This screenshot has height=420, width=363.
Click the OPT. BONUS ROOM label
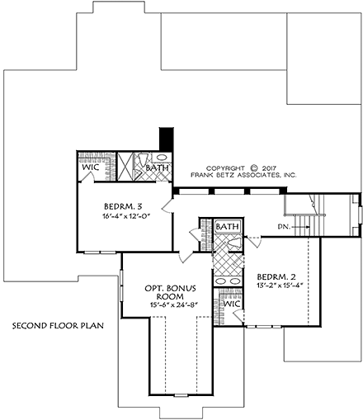click(170, 291)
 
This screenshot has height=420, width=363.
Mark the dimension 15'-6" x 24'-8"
click(170, 304)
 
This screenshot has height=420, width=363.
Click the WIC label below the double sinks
click(232, 304)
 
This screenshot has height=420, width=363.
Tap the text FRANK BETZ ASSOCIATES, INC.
click(243, 174)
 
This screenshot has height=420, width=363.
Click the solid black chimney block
click(166, 139)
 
